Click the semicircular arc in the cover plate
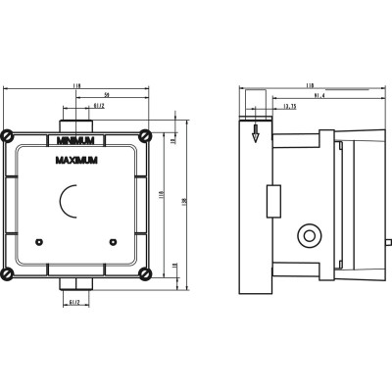(x=67, y=203)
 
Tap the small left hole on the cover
(x=37, y=240)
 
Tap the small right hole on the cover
(x=113, y=240)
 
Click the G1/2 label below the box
(x=74, y=303)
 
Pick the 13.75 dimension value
(x=289, y=107)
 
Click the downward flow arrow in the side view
(x=255, y=134)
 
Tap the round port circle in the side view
(x=311, y=235)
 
